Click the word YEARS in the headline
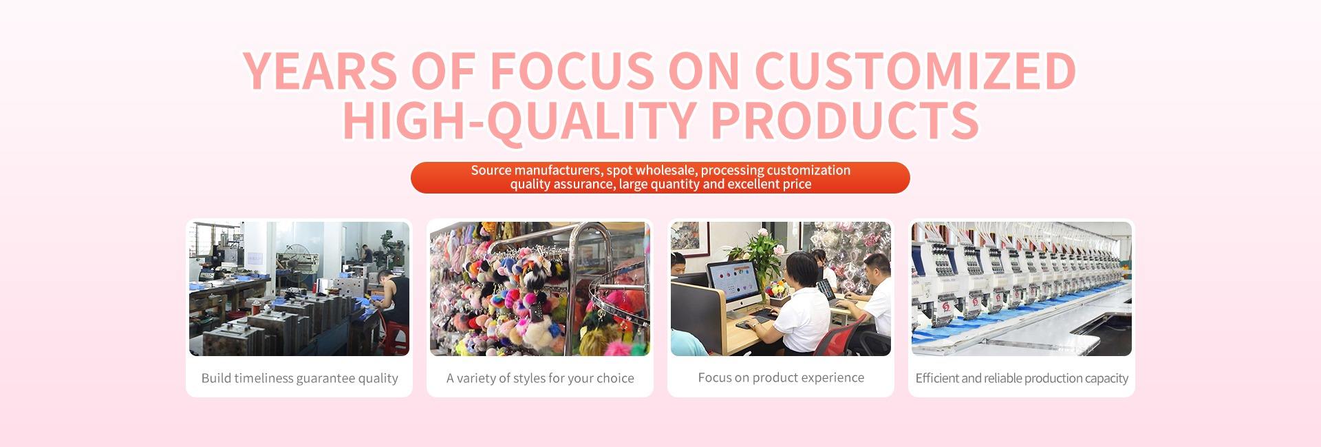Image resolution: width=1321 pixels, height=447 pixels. tap(321, 70)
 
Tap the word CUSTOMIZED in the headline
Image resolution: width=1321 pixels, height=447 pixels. tap(915, 70)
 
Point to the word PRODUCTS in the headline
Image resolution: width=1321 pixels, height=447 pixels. tap(844, 120)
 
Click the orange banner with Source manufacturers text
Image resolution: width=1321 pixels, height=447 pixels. tap(660, 178)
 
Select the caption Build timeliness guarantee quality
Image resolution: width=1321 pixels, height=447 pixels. tap(299, 378)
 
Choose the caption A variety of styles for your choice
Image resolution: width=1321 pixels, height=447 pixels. tap(540, 378)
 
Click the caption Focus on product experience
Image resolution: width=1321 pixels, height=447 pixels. tap(781, 377)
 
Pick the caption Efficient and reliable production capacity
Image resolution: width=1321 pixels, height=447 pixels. tap(1022, 378)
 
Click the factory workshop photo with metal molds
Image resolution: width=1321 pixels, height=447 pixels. tap(299, 289)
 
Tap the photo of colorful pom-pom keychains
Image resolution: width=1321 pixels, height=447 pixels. tap(540, 289)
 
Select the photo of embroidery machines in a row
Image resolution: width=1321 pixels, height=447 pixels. tap(1022, 289)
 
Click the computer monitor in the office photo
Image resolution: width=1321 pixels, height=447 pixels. tap(732, 286)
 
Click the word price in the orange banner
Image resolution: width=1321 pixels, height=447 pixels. tap(796, 184)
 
